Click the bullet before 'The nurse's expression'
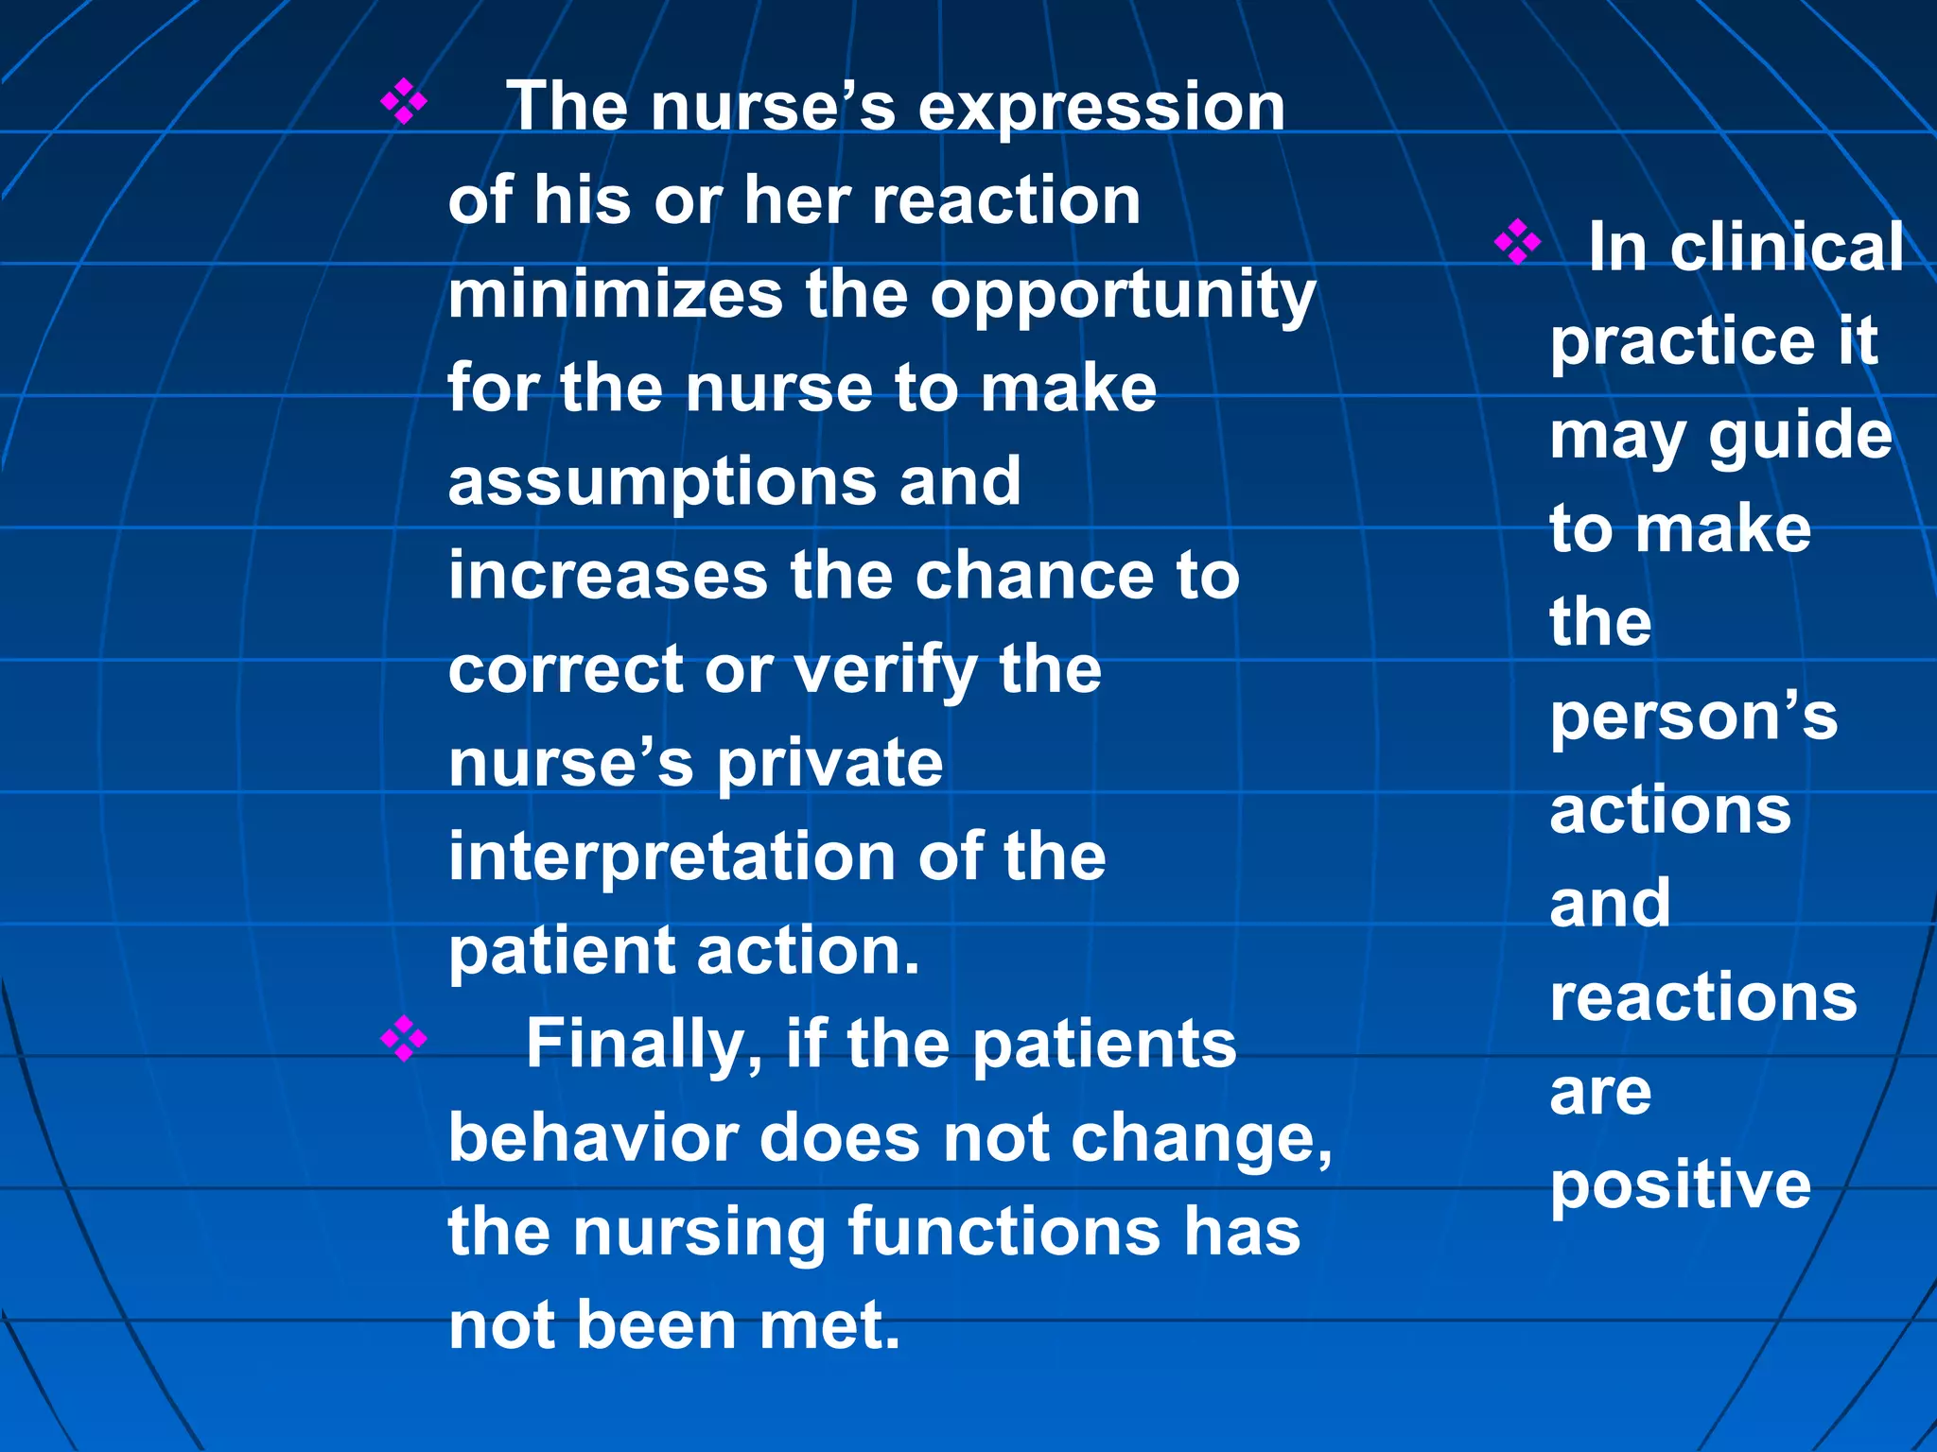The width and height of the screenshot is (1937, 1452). click(x=404, y=102)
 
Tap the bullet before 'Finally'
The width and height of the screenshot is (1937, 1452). click(x=404, y=1040)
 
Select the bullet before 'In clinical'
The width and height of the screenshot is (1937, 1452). click(x=1517, y=242)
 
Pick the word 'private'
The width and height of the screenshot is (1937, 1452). click(x=829, y=764)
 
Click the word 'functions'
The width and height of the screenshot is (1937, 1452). click(x=1004, y=1232)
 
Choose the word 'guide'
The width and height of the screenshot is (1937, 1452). click(x=1800, y=437)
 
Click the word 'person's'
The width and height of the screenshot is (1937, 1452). click(x=1694, y=717)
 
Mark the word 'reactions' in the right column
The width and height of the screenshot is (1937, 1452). click(x=1703, y=997)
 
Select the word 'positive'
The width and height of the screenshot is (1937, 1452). click(x=1680, y=1185)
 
